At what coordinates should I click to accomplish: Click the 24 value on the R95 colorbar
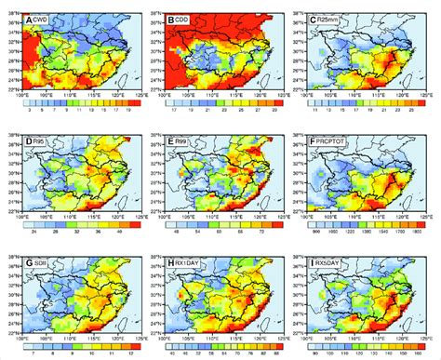tap(47, 236)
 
